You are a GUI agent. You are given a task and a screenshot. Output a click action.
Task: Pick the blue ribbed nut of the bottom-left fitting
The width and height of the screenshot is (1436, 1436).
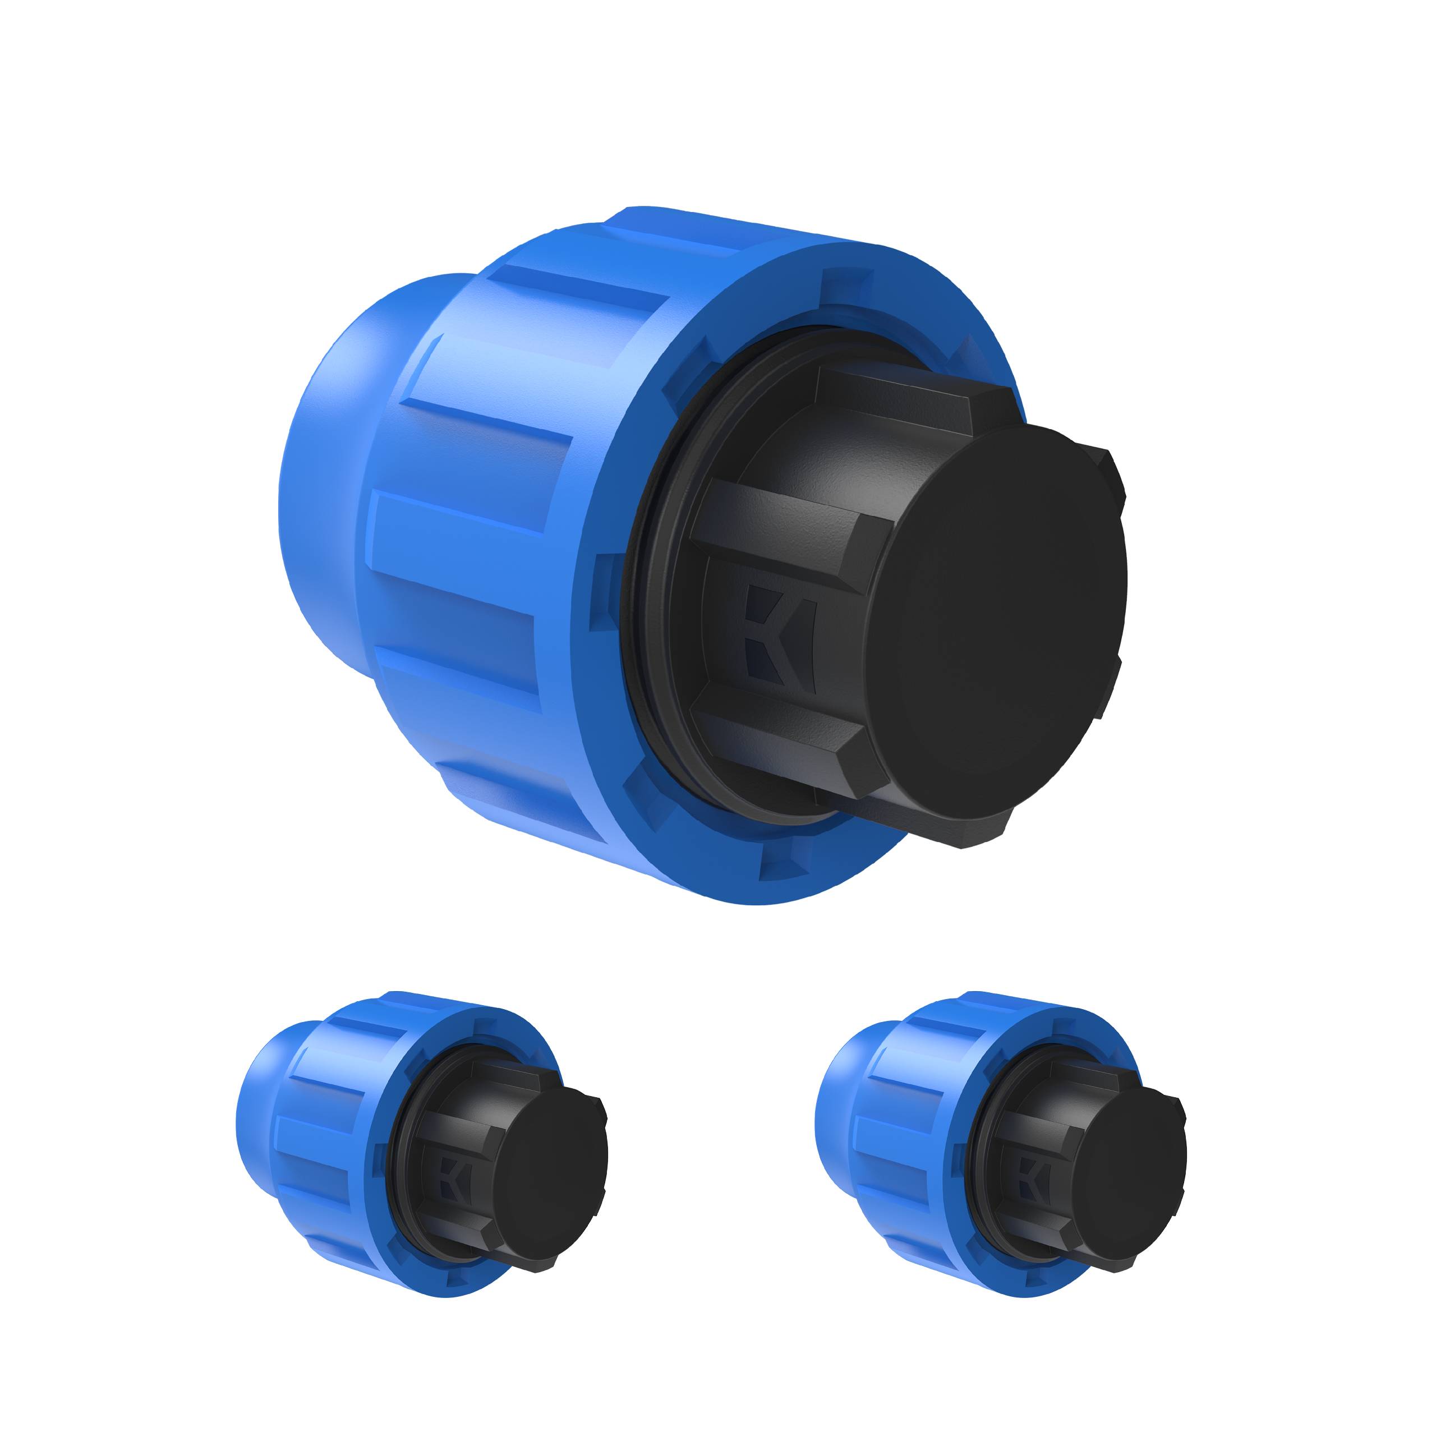point(334,1130)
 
